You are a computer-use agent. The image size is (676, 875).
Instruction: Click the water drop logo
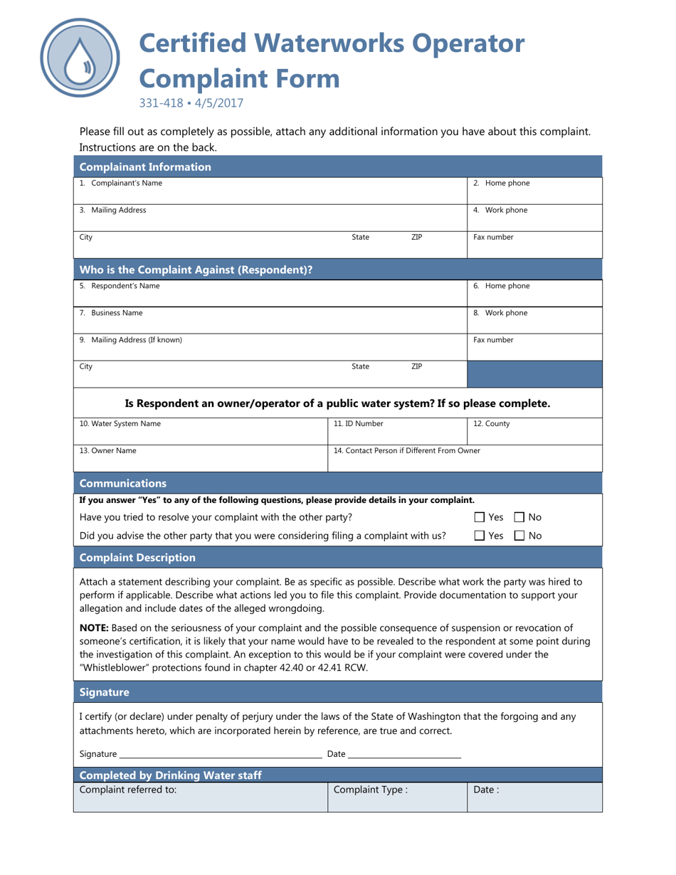click(80, 57)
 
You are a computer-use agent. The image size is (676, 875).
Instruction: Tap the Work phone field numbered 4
click(534, 217)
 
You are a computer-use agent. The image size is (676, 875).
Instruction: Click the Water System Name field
click(200, 430)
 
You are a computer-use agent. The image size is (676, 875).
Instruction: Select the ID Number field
click(396, 430)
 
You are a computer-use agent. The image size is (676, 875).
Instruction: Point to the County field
click(534, 430)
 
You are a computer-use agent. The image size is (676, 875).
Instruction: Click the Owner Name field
click(200, 457)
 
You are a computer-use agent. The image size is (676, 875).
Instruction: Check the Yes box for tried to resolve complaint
click(480, 517)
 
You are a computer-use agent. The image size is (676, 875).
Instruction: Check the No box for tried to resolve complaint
click(519, 517)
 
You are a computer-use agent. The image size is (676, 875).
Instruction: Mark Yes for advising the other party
click(480, 536)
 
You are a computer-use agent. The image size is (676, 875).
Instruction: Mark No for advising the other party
click(519, 536)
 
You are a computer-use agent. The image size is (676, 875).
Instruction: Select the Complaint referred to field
click(200, 797)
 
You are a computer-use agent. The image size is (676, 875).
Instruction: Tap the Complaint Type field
click(396, 797)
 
